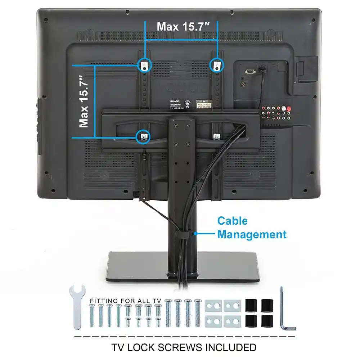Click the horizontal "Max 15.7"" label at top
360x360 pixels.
click(183, 26)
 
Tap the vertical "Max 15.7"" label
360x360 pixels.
click(84, 102)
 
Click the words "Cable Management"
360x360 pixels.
click(252, 228)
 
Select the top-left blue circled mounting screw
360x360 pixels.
click(145, 65)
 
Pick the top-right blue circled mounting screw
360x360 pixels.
click(216, 65)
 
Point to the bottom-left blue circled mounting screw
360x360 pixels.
click(143, 136)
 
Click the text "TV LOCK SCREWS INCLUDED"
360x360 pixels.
click(184, 347)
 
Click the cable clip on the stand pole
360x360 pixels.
click(185, 235)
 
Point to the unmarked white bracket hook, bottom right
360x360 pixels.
click(216, 136)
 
